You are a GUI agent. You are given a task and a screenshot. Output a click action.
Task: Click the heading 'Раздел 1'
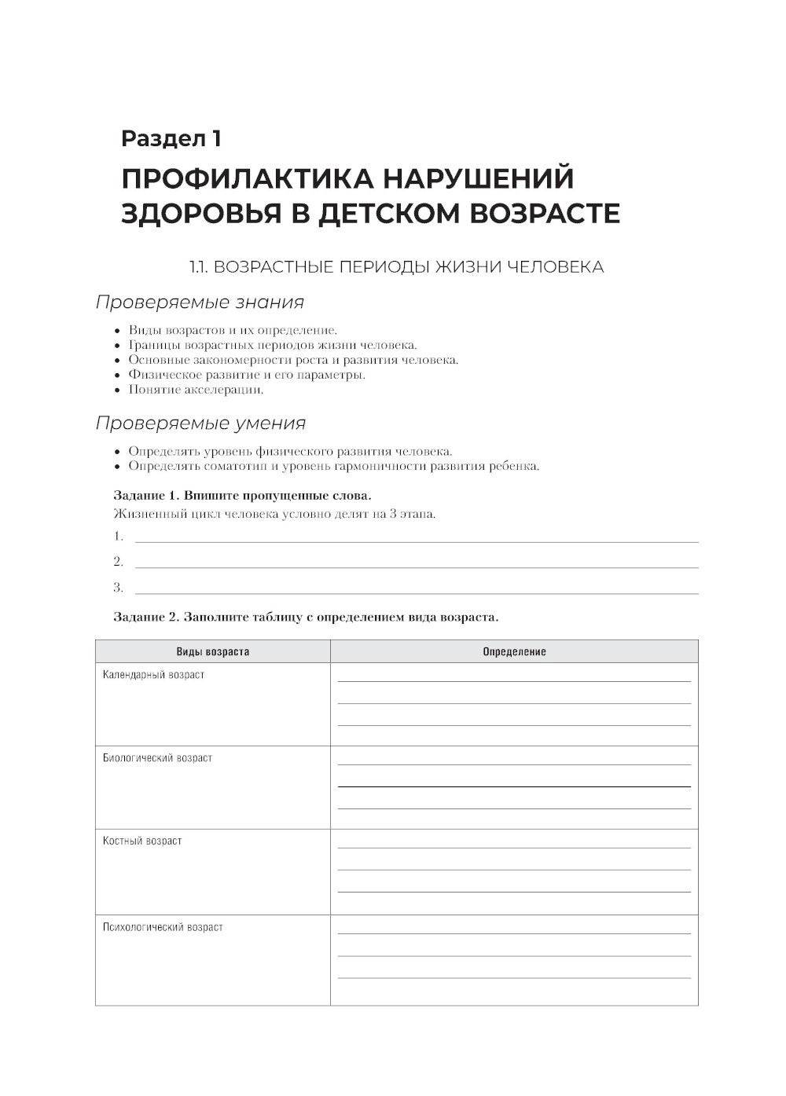coord(171,139)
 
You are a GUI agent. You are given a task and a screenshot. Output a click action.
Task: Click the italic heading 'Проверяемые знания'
coord(200,302)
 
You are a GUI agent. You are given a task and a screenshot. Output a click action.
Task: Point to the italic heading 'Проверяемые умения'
coord(200,423)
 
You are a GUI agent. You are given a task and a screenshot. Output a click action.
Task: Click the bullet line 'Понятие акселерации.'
coord(196,390)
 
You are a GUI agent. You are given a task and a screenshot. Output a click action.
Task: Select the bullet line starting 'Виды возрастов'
coord(233,331)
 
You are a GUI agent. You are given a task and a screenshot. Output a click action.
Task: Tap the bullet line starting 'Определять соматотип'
coord(334,467)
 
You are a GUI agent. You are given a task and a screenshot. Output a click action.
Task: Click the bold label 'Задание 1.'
coord(141,496)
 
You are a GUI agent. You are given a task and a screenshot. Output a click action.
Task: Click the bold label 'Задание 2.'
coord(141,617)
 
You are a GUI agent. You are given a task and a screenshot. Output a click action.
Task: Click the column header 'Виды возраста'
coord(212,652)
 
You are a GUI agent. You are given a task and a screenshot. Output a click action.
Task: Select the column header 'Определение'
coord(514,652)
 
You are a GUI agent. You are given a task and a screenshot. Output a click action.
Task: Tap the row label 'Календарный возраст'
coord(153,675)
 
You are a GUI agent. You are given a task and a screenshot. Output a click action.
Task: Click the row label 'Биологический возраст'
coord(157,758)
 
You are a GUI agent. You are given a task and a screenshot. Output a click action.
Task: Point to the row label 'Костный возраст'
coord(142,841)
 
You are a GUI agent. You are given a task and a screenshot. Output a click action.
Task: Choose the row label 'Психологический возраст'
coord(163,927)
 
